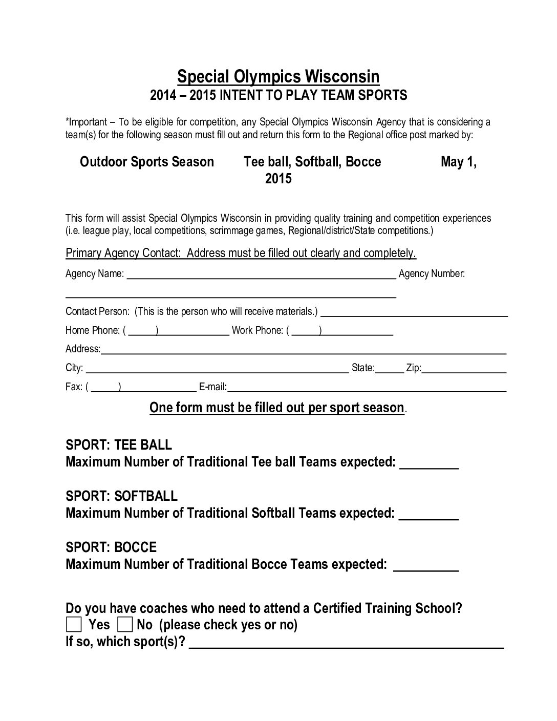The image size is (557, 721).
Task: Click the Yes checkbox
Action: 74,624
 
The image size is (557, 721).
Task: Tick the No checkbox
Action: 125,624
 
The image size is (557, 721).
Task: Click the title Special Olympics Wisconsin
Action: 278,77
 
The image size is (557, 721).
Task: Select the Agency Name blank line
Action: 261,275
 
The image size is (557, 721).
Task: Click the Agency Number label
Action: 432,274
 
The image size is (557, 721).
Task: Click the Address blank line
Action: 304,351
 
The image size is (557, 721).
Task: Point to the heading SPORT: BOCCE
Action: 111,547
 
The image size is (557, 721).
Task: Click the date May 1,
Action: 459,162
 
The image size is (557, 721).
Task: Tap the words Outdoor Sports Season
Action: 147,162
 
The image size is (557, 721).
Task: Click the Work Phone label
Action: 257,330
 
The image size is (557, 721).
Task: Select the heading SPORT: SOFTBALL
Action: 122,496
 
